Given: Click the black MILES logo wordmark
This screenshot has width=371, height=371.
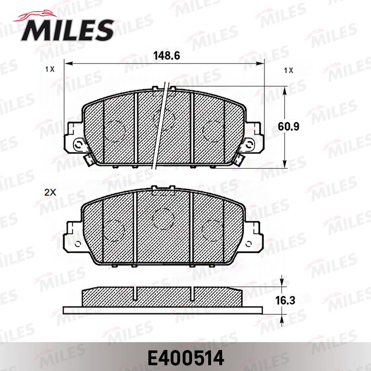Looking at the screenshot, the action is tap(68, 30).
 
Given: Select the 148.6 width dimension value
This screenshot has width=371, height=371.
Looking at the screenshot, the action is tap(166, 56).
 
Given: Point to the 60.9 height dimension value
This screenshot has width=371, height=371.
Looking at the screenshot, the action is tap(288, 127).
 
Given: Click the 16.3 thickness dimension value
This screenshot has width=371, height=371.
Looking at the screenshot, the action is tap(285, 301).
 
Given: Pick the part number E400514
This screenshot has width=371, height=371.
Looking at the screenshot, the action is tap(186, 358).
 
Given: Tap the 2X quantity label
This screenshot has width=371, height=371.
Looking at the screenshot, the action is tap(50, 192).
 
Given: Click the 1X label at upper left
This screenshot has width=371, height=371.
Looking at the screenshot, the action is tap(50, 69).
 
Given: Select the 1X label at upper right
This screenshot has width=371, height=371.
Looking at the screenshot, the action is tap(288, 70).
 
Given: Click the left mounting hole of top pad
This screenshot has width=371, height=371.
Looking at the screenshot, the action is tap(78, 144).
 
